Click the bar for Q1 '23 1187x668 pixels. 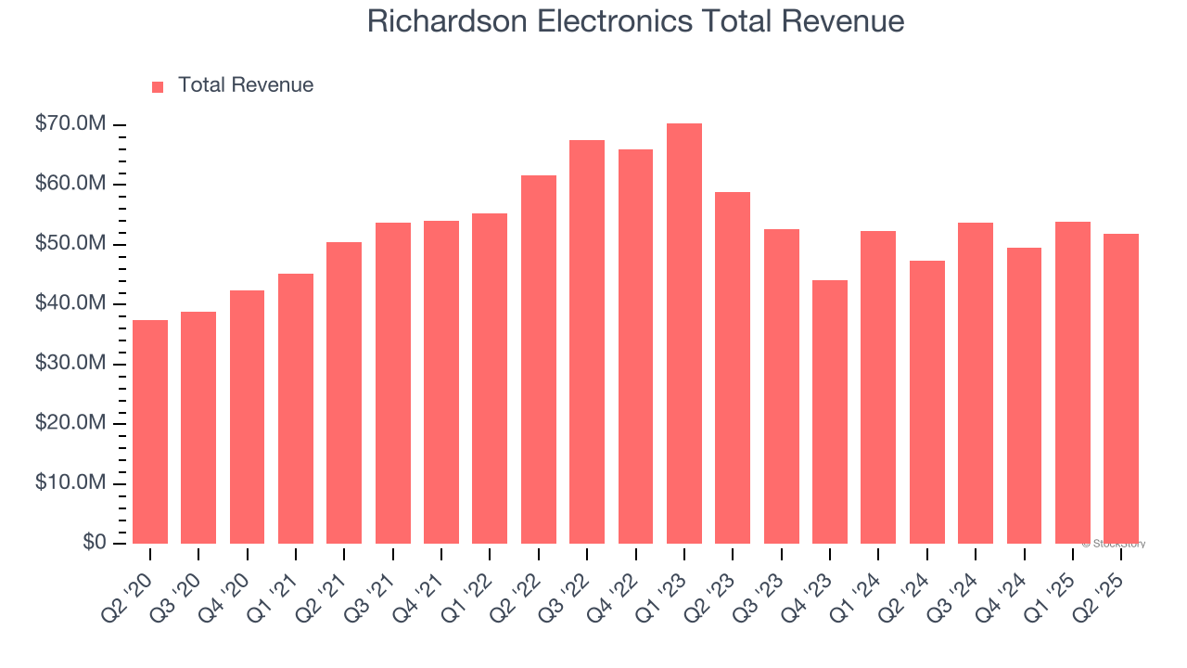point(684,334)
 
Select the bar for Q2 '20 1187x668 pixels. point(150,431)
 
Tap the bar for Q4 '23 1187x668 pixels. point(830,412)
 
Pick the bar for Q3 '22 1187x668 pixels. point(587,341)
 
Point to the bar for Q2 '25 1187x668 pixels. point(1121,389)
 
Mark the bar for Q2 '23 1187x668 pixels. point(733,367)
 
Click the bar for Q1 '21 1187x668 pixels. point(296,408)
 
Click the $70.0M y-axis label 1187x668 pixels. point(70,124)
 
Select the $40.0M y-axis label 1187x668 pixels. point(70,304)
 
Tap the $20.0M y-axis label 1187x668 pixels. point(70,424)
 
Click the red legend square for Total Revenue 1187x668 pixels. point(158,86)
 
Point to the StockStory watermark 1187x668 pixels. point(1114,544)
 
